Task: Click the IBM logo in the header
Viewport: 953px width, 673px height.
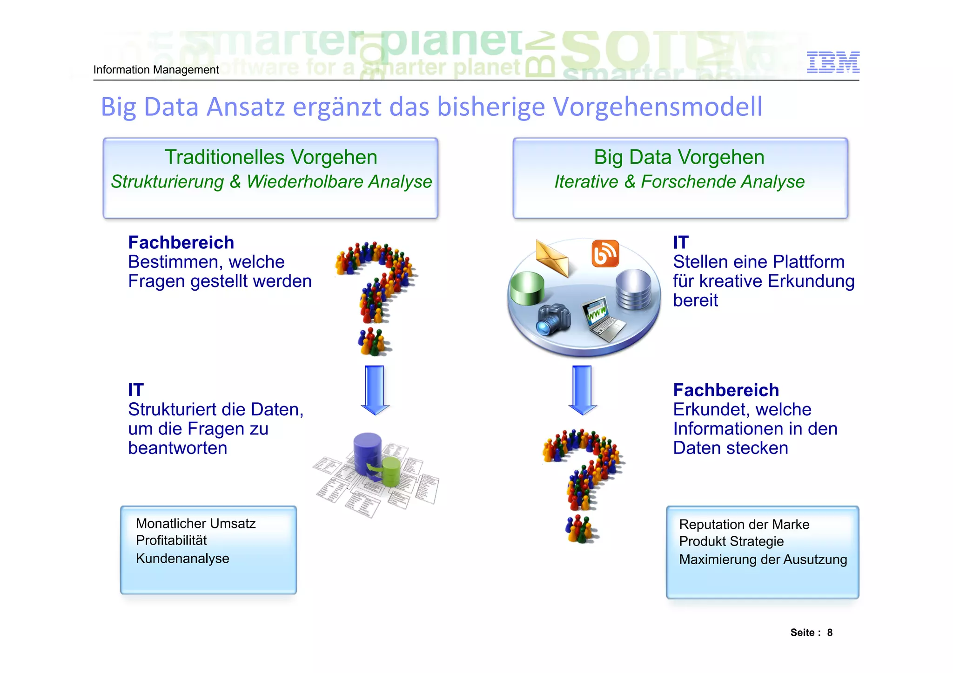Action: (832, 62)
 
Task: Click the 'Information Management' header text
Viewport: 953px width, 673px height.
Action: (156, 70)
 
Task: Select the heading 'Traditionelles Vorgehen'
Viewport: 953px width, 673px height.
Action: (271, 157)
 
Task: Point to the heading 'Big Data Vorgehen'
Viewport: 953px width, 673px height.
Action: (679, 157)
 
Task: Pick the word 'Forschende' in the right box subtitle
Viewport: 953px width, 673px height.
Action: (688, 182)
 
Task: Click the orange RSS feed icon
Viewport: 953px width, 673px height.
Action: (605, 253)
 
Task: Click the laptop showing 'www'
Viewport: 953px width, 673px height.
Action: (603, 319)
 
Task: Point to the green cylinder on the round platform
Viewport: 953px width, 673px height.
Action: (527, 288)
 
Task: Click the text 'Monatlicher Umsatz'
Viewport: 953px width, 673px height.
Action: (195, 524)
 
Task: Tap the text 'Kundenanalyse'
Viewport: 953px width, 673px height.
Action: (182, 559)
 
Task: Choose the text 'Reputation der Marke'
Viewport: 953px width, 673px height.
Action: (744, 525)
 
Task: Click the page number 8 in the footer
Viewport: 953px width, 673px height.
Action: (830, 633)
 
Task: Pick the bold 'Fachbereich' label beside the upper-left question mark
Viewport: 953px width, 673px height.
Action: (181, 243)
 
